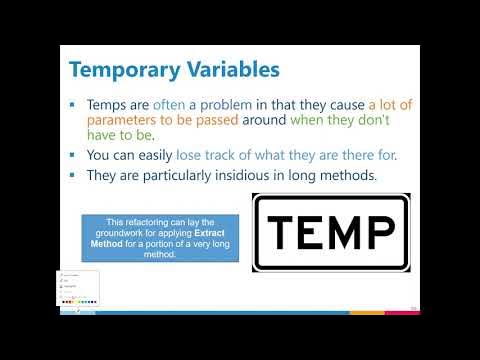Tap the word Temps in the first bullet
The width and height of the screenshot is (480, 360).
107,105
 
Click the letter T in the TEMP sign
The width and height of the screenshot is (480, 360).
282,232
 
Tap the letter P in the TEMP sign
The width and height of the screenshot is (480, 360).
387,232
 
